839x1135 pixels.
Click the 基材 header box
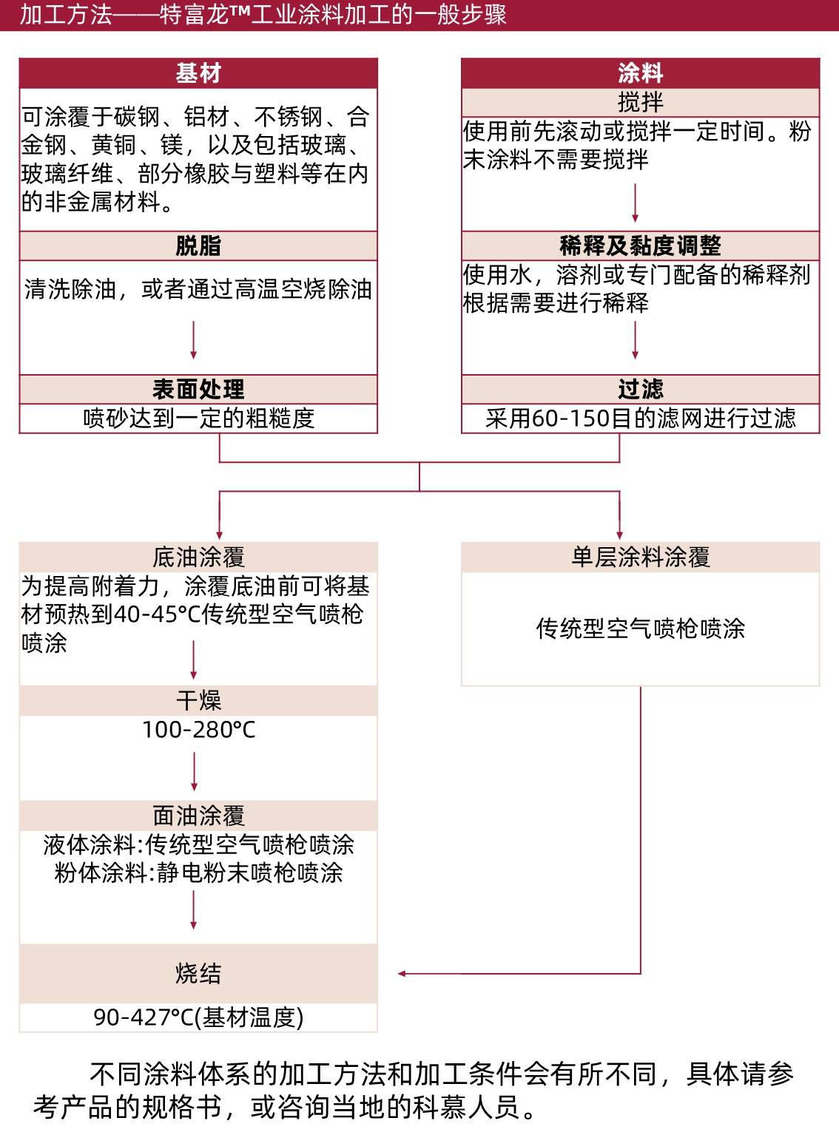(198, 73)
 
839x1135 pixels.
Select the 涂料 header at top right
(640, 73)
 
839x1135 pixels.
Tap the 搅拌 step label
(640, 102)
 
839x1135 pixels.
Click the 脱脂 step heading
(198, 245)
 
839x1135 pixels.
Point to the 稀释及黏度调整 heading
(640, 245)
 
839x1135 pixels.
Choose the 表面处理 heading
(198, 389)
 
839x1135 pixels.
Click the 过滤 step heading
(640, 389)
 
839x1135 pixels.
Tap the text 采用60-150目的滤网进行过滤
(640, 419)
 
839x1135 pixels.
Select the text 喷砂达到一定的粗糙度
(198, 419)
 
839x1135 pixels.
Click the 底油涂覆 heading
(198, 557)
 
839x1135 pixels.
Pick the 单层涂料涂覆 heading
(640, 557)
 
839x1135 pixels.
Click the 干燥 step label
(198, 700)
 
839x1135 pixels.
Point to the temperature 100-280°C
(198, 730)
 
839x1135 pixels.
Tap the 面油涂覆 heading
(198, 816)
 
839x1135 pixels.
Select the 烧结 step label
(198, 973)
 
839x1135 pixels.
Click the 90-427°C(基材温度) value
(198, 1017)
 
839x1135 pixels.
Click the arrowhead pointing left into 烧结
(402, 974)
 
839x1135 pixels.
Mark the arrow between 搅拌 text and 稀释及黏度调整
(635, 203)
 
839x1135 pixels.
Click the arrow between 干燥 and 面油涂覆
(194, 772)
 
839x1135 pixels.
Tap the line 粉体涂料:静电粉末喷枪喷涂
(198, 873)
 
